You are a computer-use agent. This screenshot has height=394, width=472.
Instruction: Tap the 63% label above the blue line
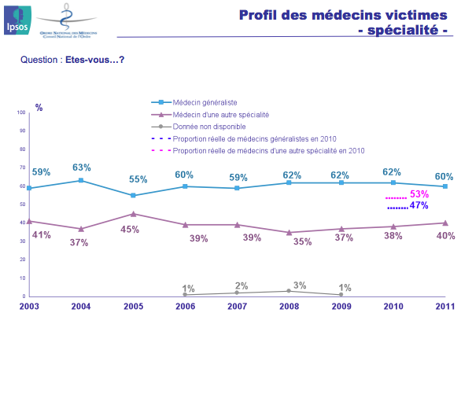[x=81, y=168]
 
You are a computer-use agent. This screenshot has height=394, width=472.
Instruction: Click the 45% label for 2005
[x=129, y=230]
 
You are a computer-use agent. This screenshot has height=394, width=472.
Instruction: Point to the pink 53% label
[x=419, y=194]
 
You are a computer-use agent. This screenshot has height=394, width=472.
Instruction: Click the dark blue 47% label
[x=419, y=205]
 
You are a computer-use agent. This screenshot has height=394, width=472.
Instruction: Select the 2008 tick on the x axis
[x=288, y=306]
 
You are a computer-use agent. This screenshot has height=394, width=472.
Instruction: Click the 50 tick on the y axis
[x=22, y=204]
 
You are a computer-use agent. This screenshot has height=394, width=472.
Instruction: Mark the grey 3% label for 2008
[x=300, y=285]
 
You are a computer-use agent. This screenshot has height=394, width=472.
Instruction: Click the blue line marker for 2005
[x=133, y=195]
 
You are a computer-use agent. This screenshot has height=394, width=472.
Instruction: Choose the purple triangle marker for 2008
[x=289, y=232]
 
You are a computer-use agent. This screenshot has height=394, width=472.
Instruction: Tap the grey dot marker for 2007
[x=237, y=293]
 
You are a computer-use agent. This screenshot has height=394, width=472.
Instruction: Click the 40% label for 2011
[x=445, y=235]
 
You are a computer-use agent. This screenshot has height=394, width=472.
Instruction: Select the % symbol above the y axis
[x=39, y=107]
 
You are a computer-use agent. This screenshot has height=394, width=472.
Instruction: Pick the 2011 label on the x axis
[x=444, y=306]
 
